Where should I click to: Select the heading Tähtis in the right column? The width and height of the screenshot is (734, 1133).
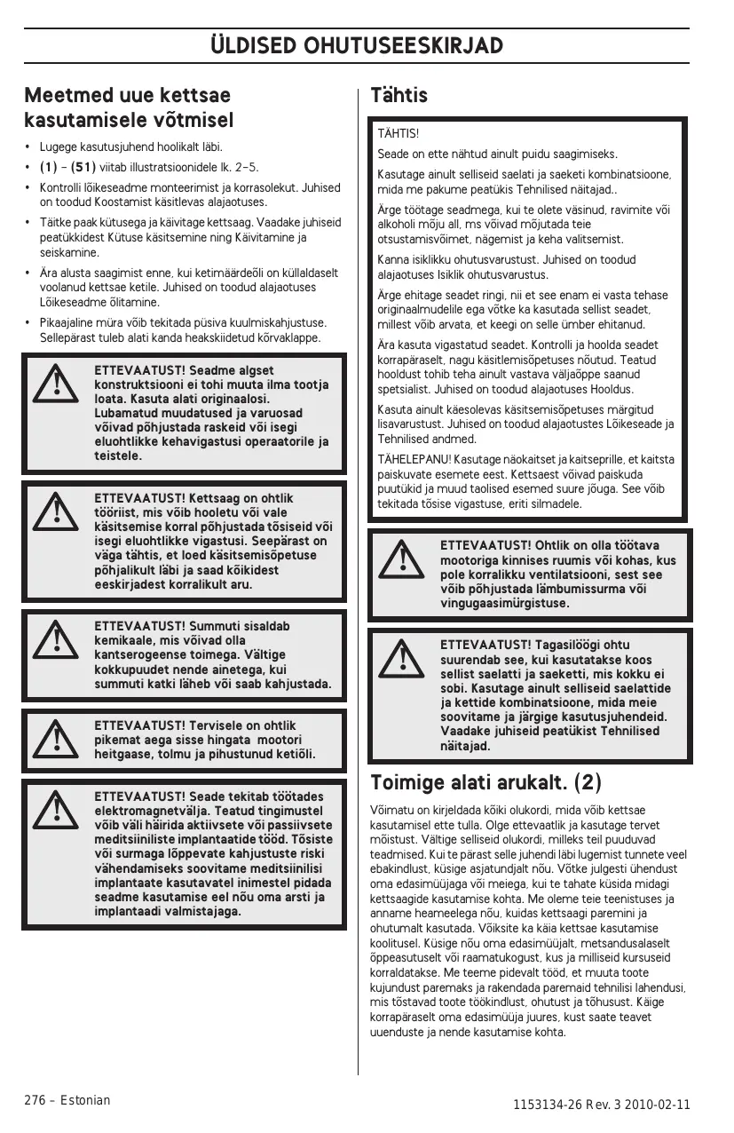(x=399, y=95)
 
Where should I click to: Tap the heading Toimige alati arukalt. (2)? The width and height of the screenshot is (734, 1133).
(x=485, y=783)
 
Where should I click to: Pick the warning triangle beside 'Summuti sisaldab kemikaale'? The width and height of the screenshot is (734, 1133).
(x=55, y=635)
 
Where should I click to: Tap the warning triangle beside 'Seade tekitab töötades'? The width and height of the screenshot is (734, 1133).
(x=55, y=809)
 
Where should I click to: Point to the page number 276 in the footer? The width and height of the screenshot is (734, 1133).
(x=35, y=1100)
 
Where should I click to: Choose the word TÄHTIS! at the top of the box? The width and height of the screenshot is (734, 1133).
(x=399, y=133)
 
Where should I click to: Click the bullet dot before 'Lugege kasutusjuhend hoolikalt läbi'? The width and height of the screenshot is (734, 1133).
(x=28, y=147)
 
